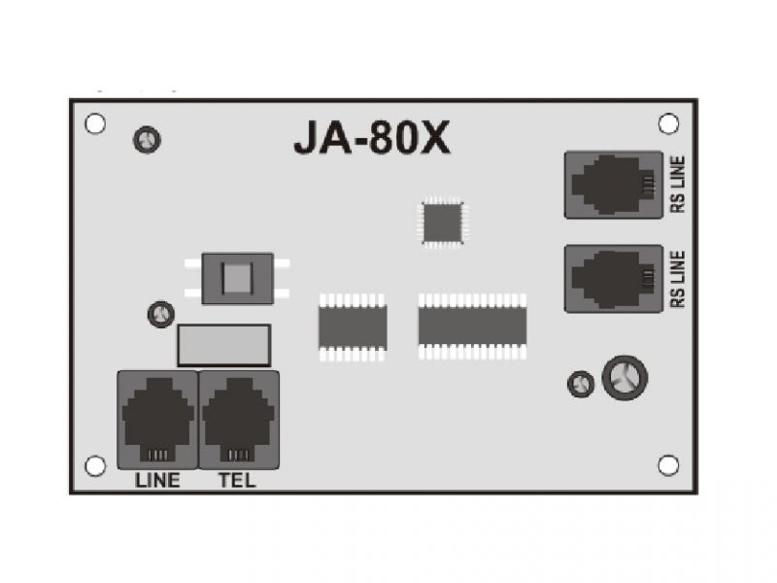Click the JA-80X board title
(372, 137)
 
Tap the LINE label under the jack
(157, 480)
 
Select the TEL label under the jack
(237, 480)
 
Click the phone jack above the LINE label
(157, 420)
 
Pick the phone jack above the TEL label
(239, 420)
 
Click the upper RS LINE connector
(614, 185)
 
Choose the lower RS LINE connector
(614, 279)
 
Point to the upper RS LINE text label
(678, 185)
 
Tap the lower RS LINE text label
(678, 279)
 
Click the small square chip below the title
(442, 223)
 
